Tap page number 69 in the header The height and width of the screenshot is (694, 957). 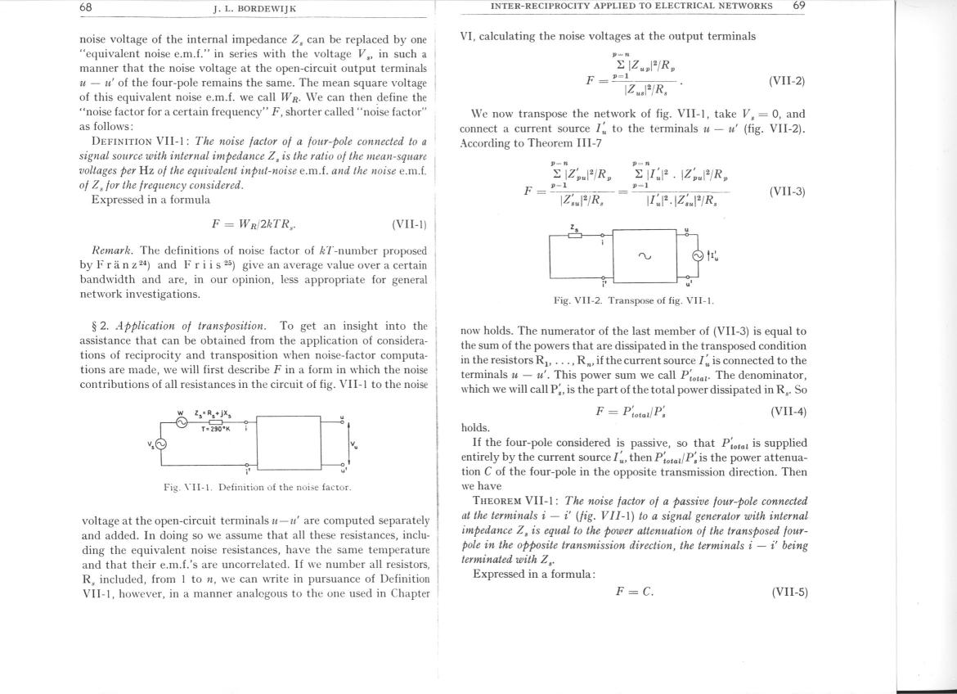[799, 6]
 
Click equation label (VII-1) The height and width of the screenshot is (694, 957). [409, 224]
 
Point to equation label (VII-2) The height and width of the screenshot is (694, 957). [787, 81]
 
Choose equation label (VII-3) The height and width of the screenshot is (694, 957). [787, 192]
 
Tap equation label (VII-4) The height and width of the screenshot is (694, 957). [788, 411]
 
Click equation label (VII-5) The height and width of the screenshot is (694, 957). [789, 592]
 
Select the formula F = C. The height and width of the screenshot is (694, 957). [634, 592]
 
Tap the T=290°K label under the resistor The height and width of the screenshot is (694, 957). [215, 429]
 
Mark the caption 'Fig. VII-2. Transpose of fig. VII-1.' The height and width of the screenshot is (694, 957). [633, 300]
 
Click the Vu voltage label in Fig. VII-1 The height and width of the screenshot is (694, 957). [354, 445]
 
